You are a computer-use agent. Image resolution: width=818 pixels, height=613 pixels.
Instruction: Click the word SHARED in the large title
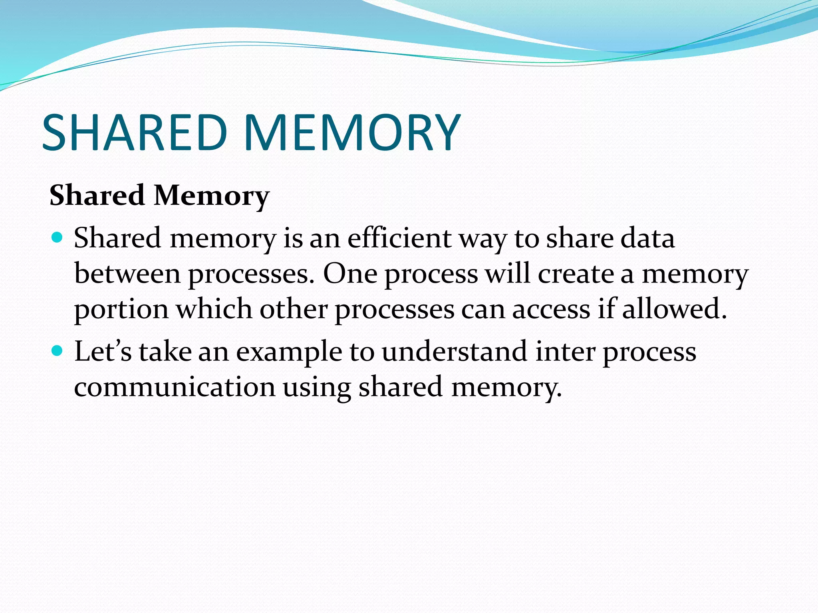134,132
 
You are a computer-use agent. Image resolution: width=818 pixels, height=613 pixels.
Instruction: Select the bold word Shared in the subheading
97,196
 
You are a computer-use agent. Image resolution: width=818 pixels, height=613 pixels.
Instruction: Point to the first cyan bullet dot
58,238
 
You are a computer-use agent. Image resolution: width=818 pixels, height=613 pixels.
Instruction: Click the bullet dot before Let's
58,351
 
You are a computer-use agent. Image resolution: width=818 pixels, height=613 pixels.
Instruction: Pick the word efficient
399,238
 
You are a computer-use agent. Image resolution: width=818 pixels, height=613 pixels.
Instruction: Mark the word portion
121,310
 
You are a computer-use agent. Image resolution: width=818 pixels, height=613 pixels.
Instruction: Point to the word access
551,310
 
